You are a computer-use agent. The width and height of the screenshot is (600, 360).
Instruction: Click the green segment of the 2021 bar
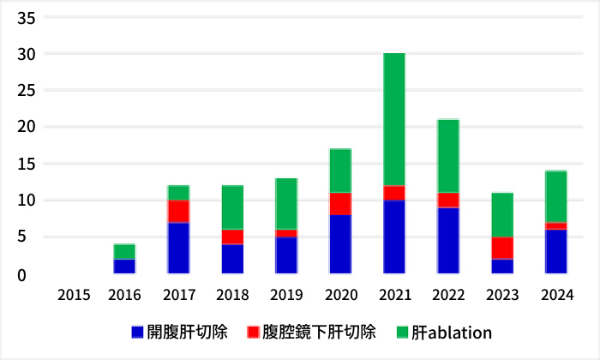pyautogui.click(x=394, y=119)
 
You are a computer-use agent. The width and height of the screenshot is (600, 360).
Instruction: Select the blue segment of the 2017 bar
pyautogui.click(x=178, y=248)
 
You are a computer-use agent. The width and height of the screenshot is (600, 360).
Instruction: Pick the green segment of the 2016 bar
pyautogui.click(x=124, y=252)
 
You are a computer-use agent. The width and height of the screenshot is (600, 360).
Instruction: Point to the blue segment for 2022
pyautogui.click(x=448, y=240)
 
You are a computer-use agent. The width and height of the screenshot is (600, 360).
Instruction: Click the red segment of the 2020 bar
pyautogui.click(x=340, y=204)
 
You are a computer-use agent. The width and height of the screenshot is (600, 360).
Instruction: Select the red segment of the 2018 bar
pyautogui.click(x=232, y=237)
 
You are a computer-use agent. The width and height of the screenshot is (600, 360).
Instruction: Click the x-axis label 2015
pyautogui.click(x=74, y=296)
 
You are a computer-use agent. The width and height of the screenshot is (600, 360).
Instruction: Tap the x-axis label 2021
pyautogui.click(x=394, y=296)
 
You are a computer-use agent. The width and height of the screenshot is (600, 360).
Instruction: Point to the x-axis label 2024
pyautogui.click(x=556, y=296)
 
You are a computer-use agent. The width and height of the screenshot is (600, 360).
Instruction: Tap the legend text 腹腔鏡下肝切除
pyautogui.click(x=320, y=332)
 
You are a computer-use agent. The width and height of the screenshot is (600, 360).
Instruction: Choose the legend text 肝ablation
pyautogui.click(x=451, y=332)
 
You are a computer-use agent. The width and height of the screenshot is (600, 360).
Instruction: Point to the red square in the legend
pyautogui.click(x=252, y=332)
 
